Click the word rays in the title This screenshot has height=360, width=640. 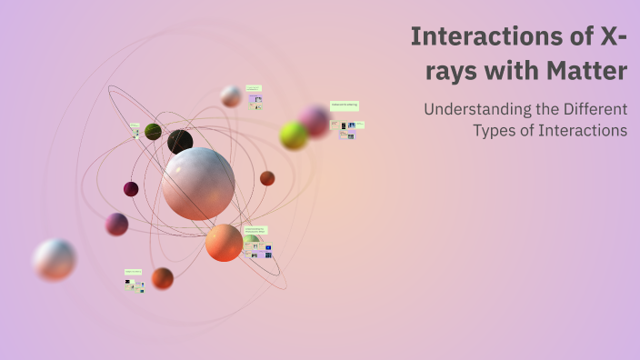[x=453, y=70]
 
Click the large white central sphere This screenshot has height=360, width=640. [x=198, y=183]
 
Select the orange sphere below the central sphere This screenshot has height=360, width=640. [x=224, y=243]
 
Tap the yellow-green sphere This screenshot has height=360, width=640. [x=294, y=135]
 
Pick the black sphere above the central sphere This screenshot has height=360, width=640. [x=180, y=142]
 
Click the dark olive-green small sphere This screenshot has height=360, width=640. [x=153, y=132]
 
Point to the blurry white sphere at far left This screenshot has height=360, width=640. [x=55, y=259]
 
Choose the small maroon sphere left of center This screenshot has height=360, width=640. [x=131, y=189]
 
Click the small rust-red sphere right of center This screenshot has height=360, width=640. [x=267, y=178]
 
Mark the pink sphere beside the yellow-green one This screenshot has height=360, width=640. [x=315, y=120]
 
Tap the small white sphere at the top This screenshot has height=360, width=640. [x=231, y=96]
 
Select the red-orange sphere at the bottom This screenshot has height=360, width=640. [x=163, y=278]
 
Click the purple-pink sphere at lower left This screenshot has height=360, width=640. [x=116, y=224]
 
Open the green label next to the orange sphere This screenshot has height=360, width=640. [x=255, y=231]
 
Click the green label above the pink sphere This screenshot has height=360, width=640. [x=344, y=105]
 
